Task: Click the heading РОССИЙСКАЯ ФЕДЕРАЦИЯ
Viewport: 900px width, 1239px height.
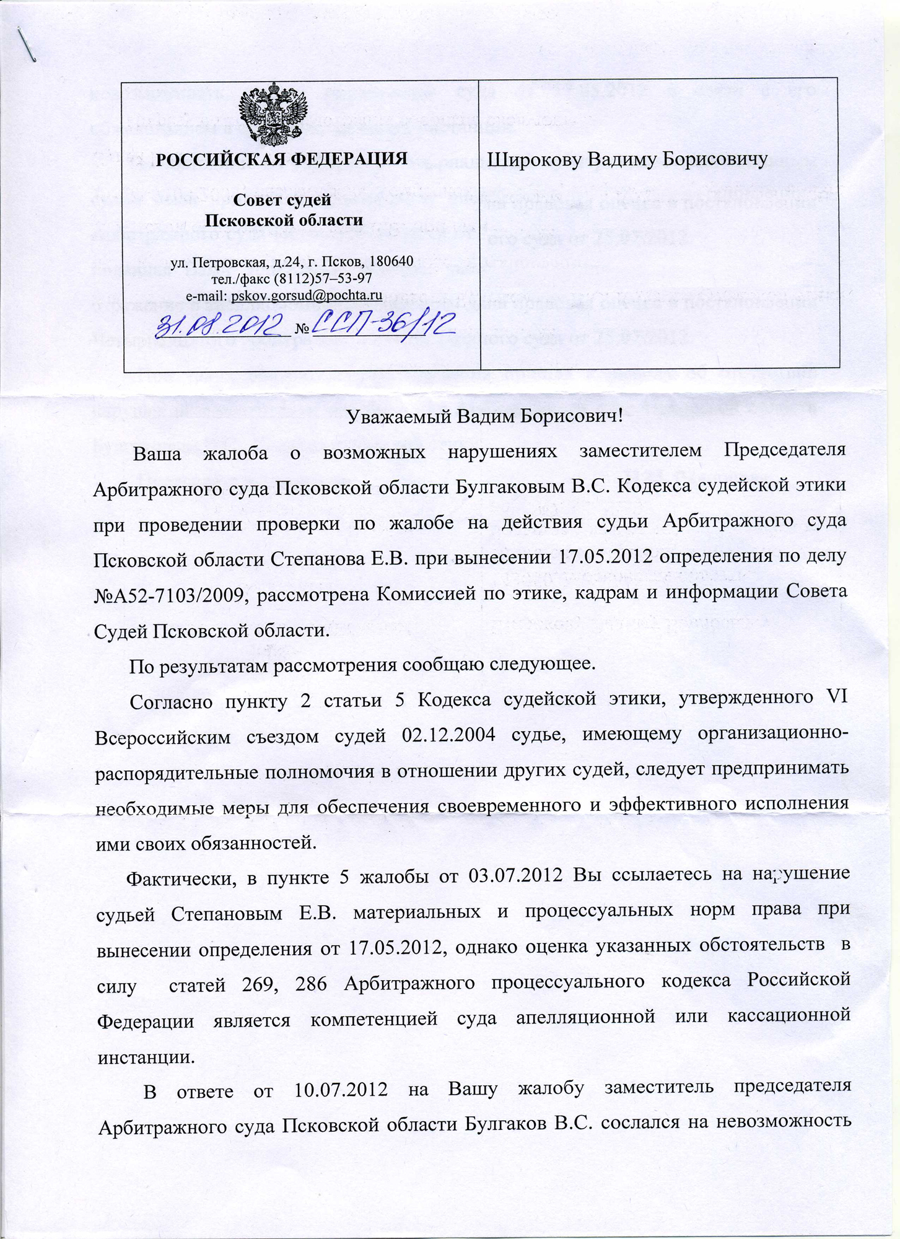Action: (281, 159)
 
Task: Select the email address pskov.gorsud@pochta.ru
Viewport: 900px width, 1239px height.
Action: (306, 296)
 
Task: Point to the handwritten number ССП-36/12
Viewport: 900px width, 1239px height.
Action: (385, 322)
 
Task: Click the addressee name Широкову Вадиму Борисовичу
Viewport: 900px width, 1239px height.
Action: (627, 159)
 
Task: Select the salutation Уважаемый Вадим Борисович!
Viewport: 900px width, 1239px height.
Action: (484, 416)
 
